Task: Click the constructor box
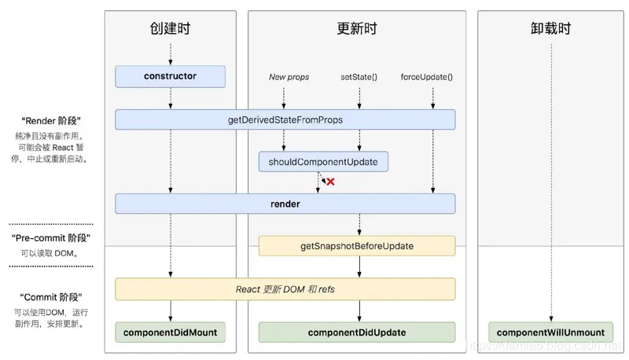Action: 170,76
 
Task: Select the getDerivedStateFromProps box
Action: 285,119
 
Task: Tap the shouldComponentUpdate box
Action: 324,162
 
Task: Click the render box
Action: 285,204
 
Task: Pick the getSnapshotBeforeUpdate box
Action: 357,246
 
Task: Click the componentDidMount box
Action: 170,332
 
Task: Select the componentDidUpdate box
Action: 357,332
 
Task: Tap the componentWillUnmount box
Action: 551,332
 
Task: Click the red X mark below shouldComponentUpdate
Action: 331,182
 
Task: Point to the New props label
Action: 289,77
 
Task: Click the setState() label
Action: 359,77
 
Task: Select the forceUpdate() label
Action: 427,77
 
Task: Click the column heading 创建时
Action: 170,29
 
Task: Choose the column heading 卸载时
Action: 551,29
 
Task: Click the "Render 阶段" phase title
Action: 52,121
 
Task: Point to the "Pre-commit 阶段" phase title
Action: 52,237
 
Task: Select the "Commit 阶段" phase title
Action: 52,297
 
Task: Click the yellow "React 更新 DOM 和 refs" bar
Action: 285,288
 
